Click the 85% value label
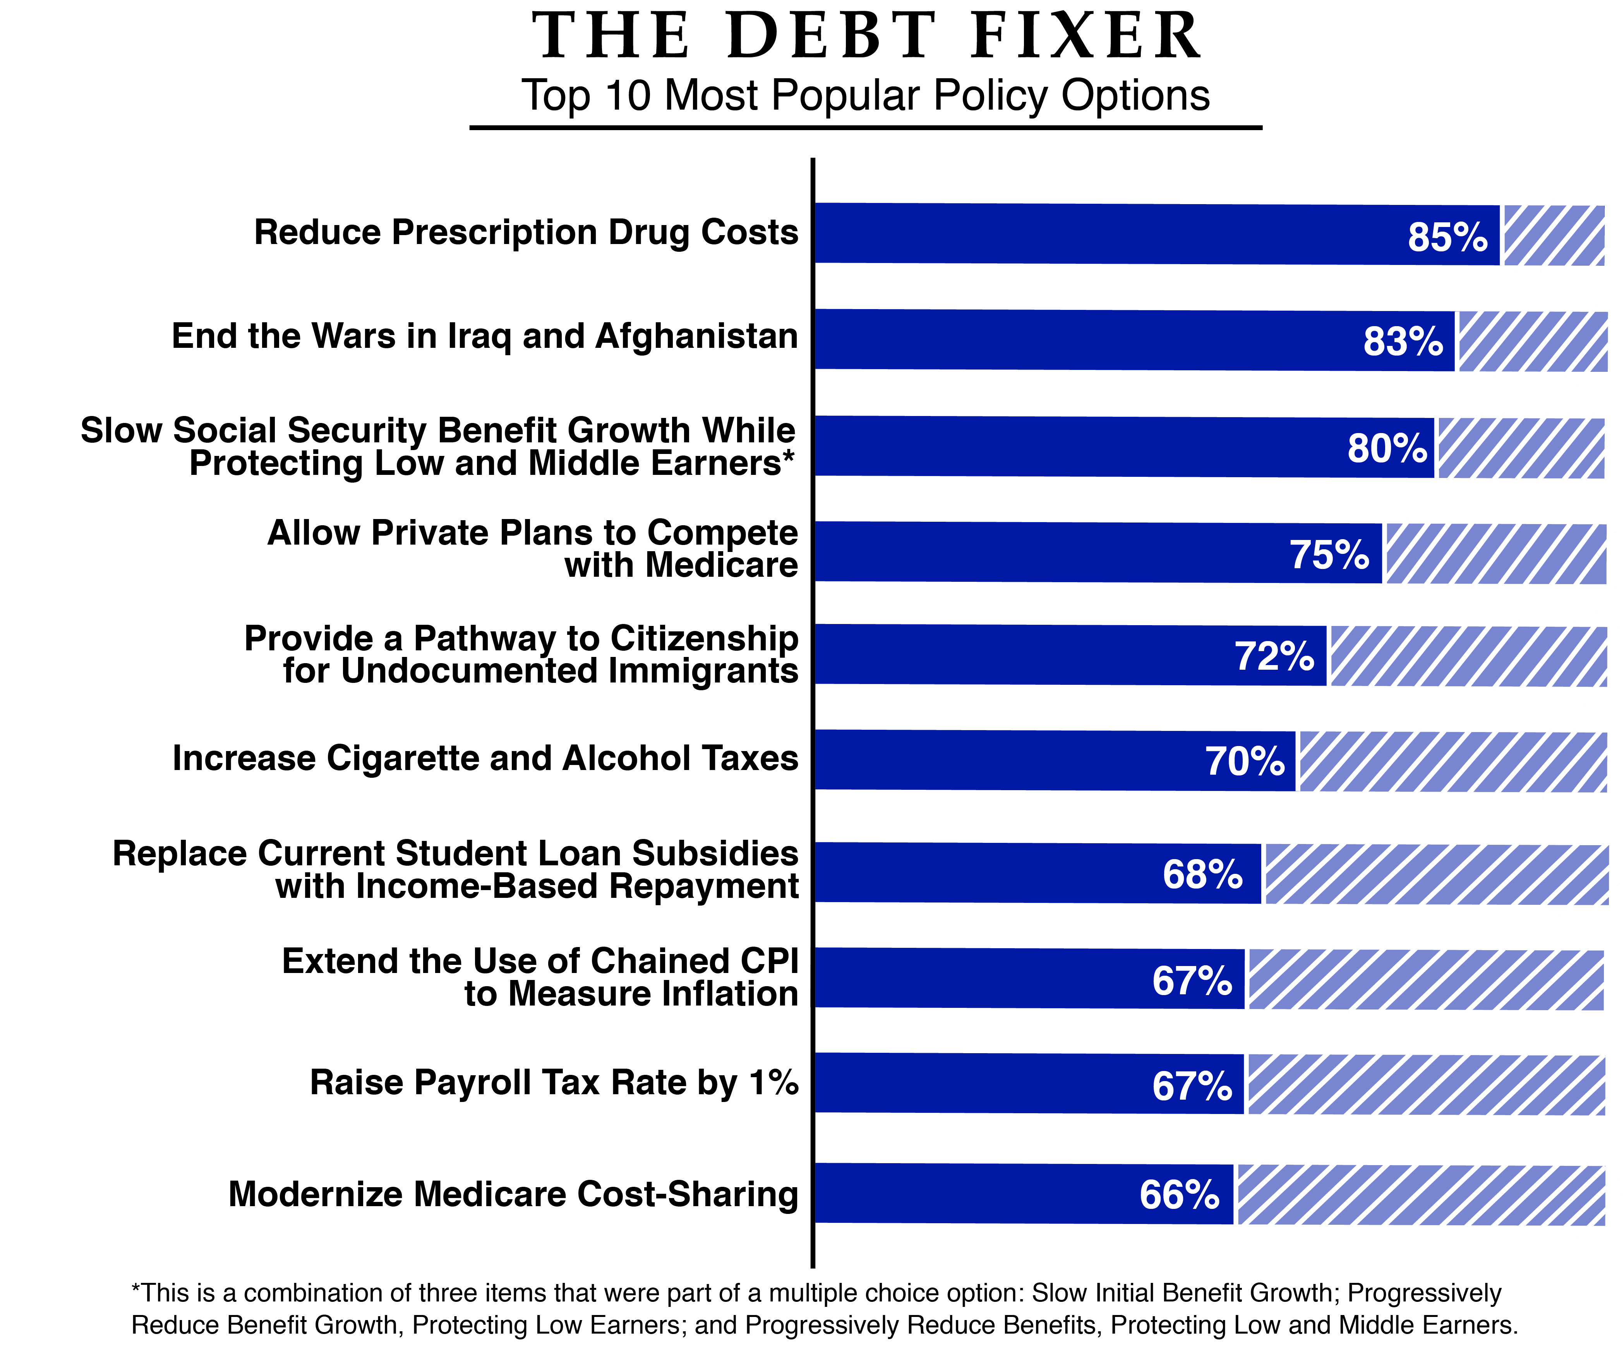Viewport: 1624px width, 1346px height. click(1447, 237)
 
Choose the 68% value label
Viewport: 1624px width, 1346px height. click(1202, 874)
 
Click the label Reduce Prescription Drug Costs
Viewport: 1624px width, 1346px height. click(526, 232)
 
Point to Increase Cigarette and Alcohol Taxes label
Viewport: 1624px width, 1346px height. click(485, 758)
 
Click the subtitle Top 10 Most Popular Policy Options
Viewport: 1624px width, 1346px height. click(865, 95)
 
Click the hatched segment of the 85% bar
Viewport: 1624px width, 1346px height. click(1553, 236)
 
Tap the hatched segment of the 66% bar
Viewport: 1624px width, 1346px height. click(1421, 1195)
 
